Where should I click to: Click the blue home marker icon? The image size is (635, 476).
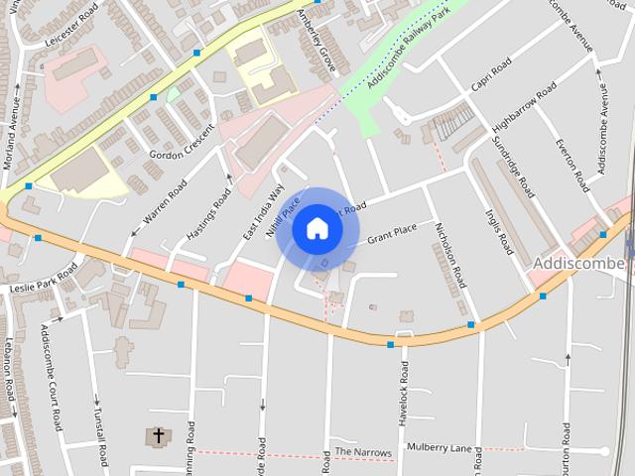(317, 229)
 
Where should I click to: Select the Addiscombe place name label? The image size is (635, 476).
(579, 263)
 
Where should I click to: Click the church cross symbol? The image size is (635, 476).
(157, 436)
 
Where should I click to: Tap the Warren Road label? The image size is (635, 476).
(164, 200)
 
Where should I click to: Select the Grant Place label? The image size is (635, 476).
(391, 234)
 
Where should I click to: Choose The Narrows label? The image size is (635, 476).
(363, 451)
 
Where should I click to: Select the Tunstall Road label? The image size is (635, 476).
(100, 435)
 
